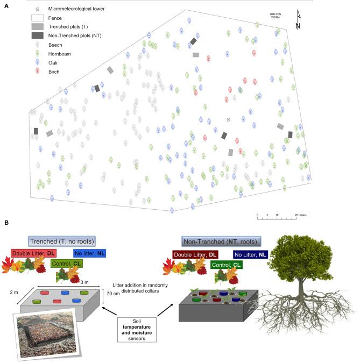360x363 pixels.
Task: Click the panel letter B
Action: (x=5, y=222)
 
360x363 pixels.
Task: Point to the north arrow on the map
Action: (x=298, y=20)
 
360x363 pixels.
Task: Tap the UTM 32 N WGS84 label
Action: (x=276, y=15)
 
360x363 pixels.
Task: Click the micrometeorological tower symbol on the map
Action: (x=228, y=119)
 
